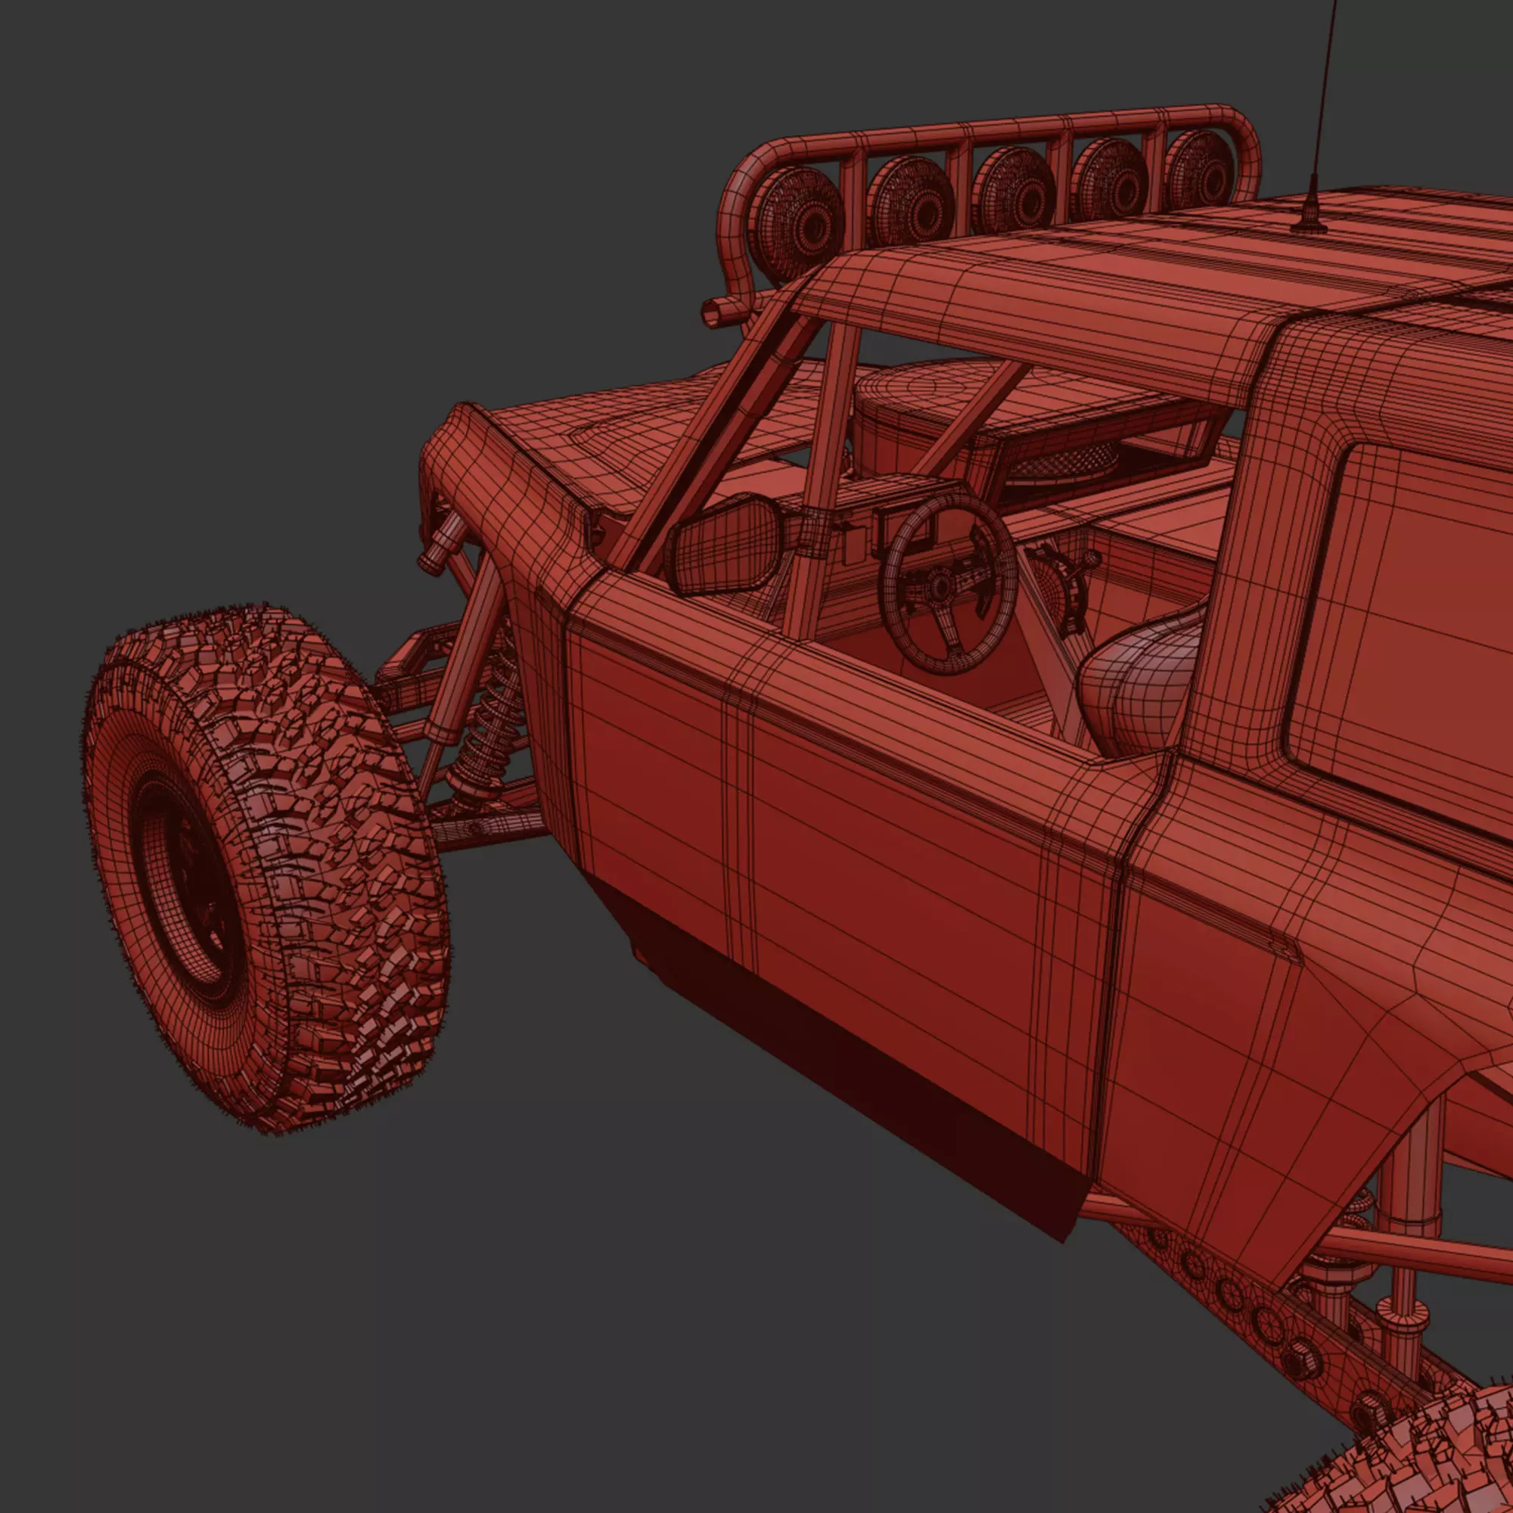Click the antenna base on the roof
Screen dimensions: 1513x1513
1310,222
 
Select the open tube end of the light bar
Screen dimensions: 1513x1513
714,313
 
